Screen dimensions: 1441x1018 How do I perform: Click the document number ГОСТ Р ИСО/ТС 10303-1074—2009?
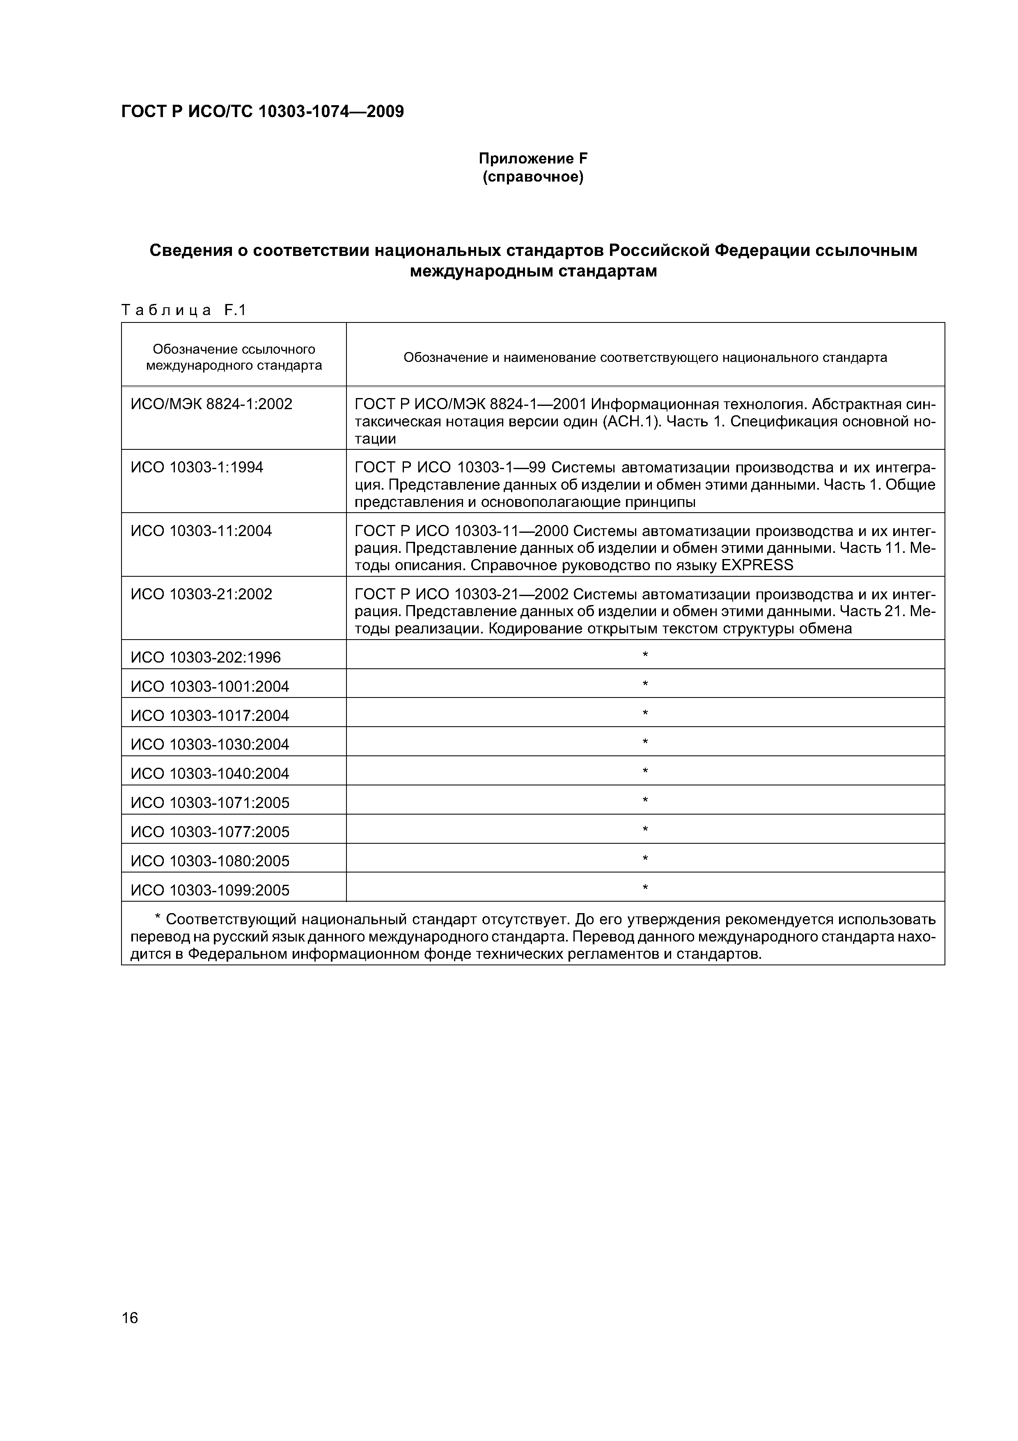262,112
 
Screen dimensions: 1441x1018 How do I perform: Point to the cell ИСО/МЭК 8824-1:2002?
211,404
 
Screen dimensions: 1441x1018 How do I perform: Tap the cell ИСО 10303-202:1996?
205,658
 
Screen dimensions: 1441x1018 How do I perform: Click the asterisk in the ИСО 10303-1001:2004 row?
645,684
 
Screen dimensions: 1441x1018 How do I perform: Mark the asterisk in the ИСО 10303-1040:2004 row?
645,771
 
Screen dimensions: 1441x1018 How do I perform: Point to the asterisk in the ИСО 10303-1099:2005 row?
645,887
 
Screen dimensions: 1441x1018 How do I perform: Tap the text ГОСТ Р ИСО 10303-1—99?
450,467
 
